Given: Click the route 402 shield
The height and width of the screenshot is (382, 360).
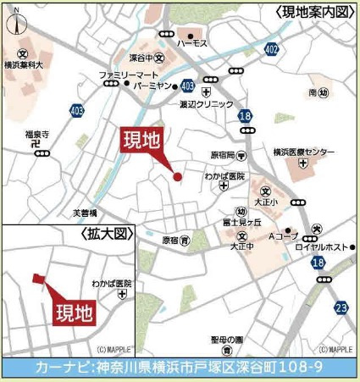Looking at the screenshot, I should coord(270,51).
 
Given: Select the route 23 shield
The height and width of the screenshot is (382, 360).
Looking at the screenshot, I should coord(341,307).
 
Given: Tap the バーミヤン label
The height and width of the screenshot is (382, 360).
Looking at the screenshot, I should coord(152,86).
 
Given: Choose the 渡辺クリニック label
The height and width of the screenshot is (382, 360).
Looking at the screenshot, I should coord(206,103).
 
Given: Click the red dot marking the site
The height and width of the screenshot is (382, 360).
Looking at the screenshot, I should coord(178,176).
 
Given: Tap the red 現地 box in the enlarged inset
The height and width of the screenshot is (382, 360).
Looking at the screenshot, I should coord(75,313).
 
